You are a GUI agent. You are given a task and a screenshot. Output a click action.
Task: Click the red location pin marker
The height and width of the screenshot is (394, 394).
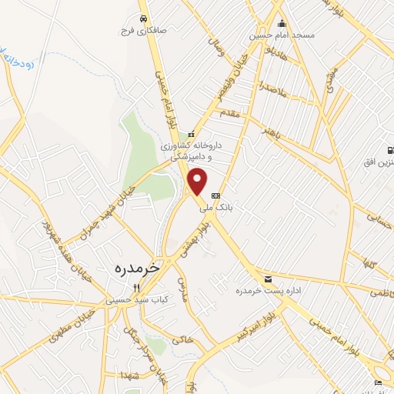[198, 181]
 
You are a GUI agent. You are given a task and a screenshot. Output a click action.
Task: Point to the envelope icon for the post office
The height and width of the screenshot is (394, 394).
[268, 279]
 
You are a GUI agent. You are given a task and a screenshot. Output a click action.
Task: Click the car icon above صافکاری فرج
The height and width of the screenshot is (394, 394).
[142, 18]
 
